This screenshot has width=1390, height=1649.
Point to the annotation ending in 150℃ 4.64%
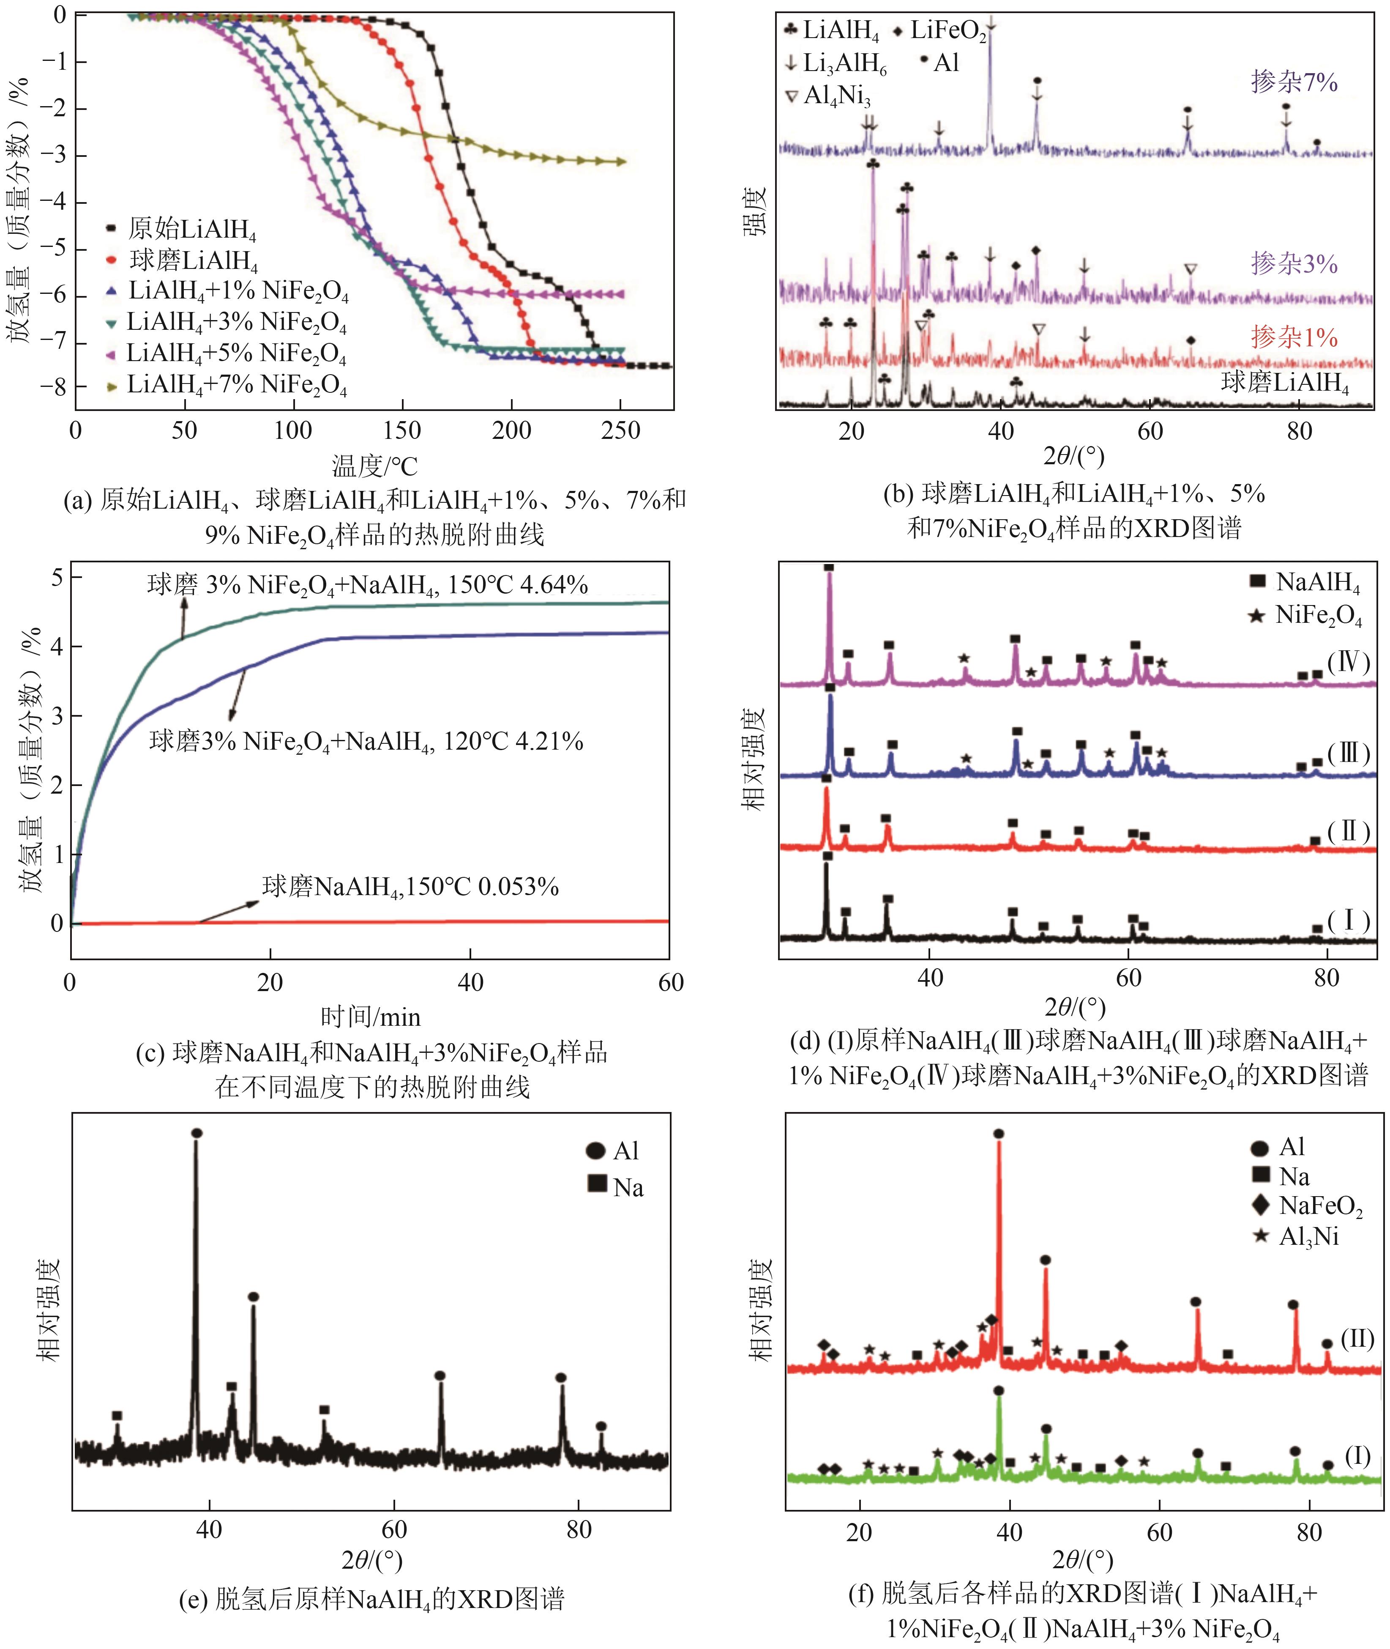[367, 585]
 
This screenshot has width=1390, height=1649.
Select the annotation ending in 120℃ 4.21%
[366, 741]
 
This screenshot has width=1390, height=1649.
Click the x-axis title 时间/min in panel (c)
[370, 1017]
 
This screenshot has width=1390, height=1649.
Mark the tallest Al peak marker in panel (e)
[197, 1133]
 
